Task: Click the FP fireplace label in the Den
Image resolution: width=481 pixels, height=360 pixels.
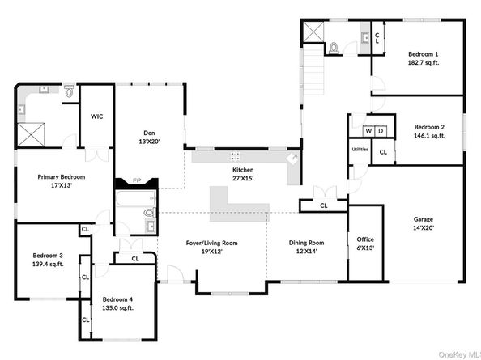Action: click(x=137, y=180)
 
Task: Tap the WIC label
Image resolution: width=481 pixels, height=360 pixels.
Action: click(x=96, y=116)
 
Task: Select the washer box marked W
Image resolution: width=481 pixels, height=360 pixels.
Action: click(x=368, y=131)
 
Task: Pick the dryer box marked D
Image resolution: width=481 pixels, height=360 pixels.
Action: click(x=381, y=131)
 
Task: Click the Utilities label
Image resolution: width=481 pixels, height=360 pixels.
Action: click(x=360, y=150)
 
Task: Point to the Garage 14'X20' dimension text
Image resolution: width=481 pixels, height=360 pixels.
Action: click(x=424, y=227)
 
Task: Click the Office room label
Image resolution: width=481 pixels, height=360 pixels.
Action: click(x=365, y=239)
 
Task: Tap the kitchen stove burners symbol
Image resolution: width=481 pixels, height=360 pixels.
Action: click(x=236, y=156)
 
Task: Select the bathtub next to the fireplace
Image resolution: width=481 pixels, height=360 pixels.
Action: click(x=136, y=198)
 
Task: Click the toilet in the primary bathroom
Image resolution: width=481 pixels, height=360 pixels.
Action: click(x=70, y=91)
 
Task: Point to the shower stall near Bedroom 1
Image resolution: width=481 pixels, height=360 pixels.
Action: click(x=313, y=32)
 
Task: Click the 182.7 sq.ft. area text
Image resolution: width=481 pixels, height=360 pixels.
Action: click(x=424, y=63)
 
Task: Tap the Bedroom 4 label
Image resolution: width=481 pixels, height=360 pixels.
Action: click(x=117, y=299)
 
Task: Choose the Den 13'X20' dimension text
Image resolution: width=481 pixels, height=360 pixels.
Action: click(x=149, y=142)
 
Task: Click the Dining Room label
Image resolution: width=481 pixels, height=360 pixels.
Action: click(x=306, y=243)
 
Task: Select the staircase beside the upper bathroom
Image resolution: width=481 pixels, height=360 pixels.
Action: click(x=313, y=71)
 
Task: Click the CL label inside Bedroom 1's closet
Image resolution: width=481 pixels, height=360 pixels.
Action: click(x=377, y=38)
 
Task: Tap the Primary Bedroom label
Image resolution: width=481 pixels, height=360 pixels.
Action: click(x=62, y=177)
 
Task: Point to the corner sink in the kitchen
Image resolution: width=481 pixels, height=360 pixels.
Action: click(x=292, y=159)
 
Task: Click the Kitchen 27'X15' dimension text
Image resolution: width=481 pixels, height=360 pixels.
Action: click(x=243, y=178)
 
